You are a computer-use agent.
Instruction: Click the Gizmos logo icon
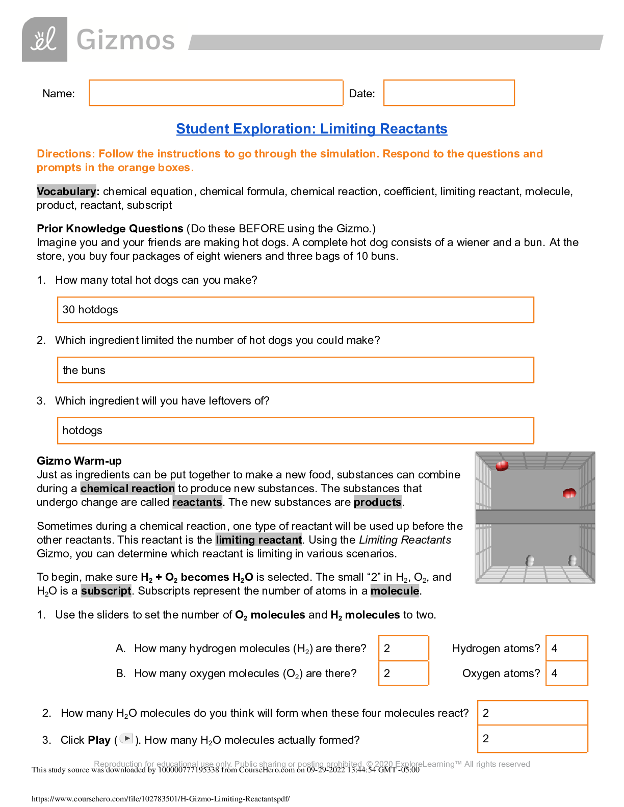[x=44, y=39]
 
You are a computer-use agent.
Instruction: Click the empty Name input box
[x=216, y=93]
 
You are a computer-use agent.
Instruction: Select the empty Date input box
[x=449, y=93]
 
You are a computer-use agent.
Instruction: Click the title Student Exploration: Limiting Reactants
[x=311, y=129]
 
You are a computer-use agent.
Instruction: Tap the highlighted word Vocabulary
[x=66, y=192]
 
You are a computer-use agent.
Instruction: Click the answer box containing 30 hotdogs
[x=295, y=310]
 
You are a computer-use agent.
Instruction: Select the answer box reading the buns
[x=295, y=370]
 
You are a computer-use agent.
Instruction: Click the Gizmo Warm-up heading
[x=79, y=461]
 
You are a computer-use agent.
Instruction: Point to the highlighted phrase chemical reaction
[x=127, y=489]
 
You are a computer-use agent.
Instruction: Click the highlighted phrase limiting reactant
[x=258, y=540]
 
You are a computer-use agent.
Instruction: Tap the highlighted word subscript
[x=106, y=591]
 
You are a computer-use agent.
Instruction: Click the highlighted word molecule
[x=395, y=591]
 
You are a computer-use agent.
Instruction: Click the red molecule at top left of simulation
[x=502, y=466]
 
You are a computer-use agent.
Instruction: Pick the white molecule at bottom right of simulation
[x=573, y=561]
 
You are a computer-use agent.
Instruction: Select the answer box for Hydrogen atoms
[x=566, y=648]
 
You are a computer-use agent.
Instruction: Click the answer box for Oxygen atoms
[x=566, y=673]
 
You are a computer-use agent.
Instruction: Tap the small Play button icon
[x=126, y=738]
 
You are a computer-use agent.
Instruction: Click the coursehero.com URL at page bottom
[x=161, y=799]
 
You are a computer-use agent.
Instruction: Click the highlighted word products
[x=377, y=502]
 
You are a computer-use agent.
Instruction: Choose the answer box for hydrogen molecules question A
[x=403, y=648]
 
